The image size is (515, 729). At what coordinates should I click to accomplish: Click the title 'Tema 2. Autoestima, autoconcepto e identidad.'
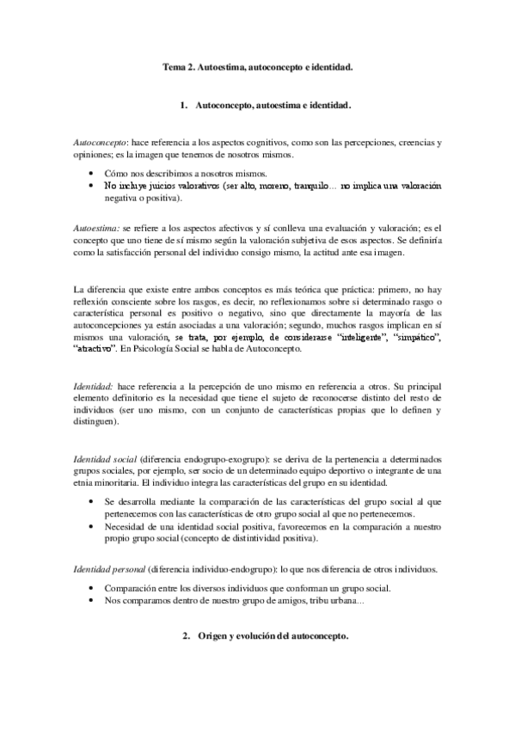click(x=257, y=65)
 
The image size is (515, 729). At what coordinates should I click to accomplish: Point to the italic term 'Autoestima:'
click(x=97, y=225)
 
